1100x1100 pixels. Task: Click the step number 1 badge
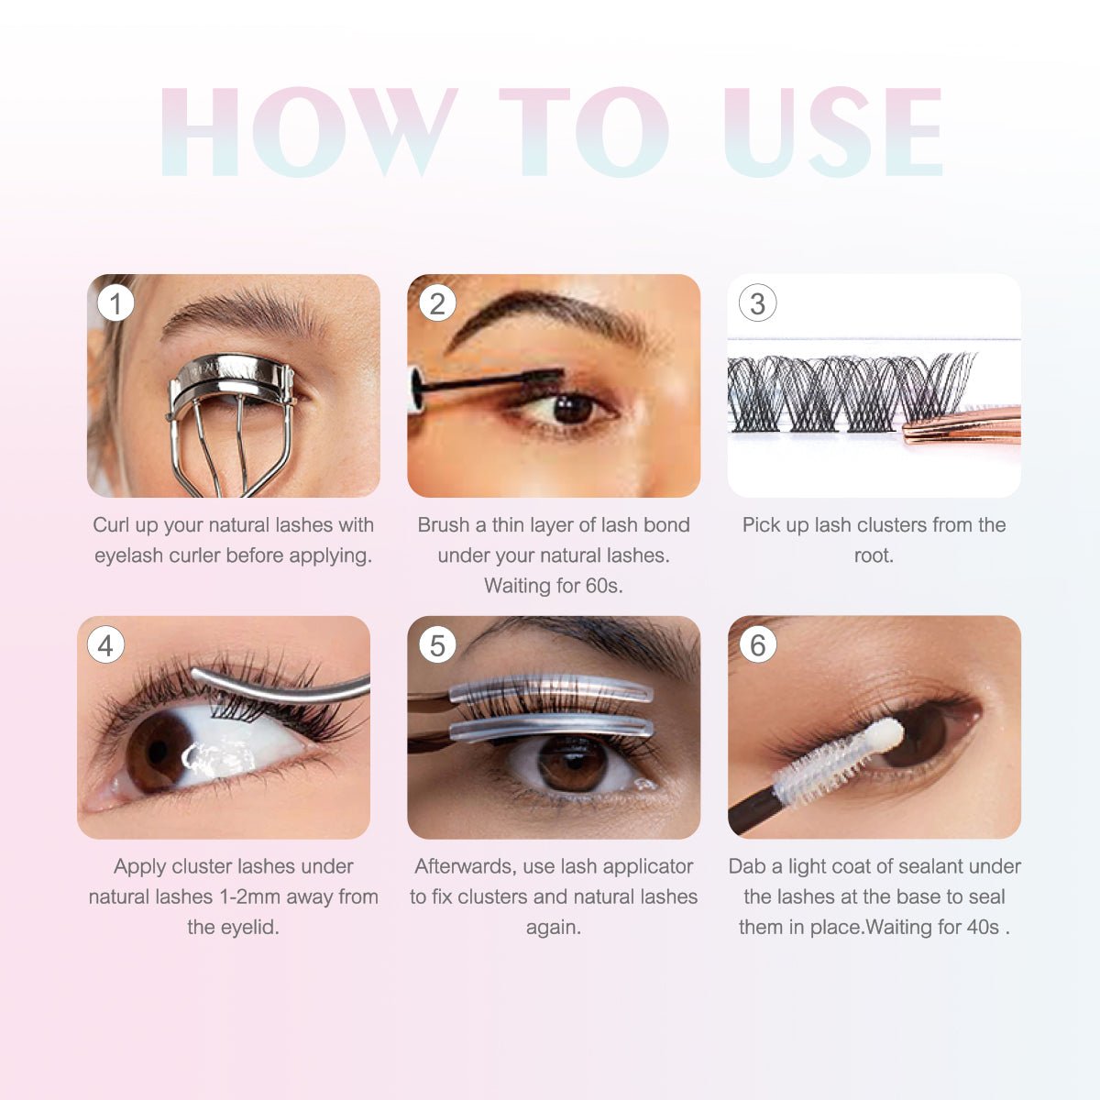coord(115,303)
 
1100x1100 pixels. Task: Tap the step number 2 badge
coord(437,303)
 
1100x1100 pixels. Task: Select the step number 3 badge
coord(757,303)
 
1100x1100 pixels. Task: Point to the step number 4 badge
coord(106,645)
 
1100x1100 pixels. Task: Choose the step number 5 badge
coord(437,645)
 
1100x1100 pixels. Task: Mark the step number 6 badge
coord(757,645)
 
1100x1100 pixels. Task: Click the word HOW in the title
coord(307,133)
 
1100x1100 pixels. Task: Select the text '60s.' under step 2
coord(603,586)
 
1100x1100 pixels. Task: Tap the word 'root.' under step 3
coord(874,555)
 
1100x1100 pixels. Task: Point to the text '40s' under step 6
coord(982,927)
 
